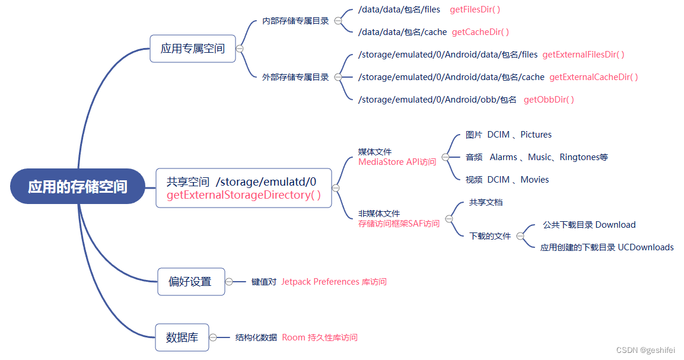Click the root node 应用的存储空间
78,187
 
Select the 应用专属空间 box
193,49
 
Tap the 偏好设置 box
190,281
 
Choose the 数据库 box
182,337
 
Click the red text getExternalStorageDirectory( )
244,195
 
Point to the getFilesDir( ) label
475,9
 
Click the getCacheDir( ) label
481,32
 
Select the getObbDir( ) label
549,100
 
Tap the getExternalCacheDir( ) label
593,77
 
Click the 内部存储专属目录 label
295,21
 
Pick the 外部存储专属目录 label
295,77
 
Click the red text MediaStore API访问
397,161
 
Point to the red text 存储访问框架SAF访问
399,224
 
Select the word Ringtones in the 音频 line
580,157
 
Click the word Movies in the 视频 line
535,180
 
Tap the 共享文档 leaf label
485,202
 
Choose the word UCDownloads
645,247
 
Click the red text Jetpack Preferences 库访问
333,282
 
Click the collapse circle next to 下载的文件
520,236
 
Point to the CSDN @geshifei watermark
645,350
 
